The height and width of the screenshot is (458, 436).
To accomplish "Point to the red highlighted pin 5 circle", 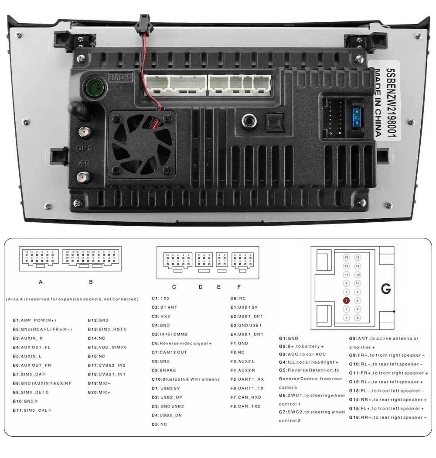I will coord(346,300).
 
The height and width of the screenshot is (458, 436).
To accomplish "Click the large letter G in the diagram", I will coord(386,289).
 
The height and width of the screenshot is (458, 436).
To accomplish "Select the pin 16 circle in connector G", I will coord(358,258).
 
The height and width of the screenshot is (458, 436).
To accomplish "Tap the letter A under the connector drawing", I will coord(41,282).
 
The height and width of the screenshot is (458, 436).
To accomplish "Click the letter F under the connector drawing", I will coord(239,287).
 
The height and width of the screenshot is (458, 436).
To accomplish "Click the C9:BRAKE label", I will coord(164,370).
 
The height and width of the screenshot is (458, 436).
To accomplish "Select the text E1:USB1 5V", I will coord(247,307).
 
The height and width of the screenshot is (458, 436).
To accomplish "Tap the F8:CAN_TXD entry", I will coord(245,406).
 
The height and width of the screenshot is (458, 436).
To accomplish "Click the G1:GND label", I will coord(289,338).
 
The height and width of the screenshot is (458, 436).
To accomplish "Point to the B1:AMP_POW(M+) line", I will coord(34,320).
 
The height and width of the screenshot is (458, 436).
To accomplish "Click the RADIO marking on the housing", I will coord(120,77).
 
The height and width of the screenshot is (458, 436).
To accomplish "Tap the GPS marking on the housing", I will coord(84,148).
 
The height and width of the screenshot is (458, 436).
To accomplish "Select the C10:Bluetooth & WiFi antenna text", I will coord(186,379).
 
